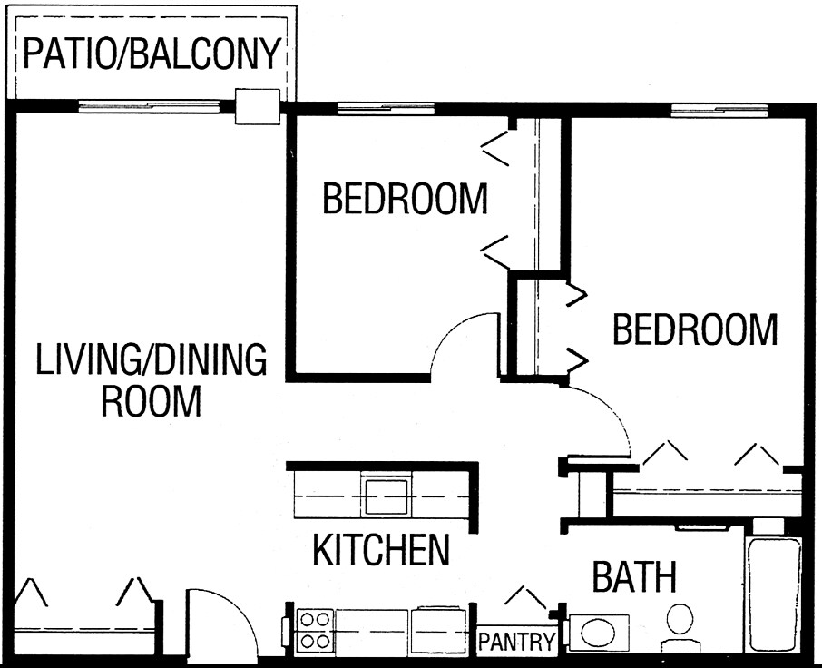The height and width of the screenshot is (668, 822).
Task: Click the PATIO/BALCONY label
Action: (x=151, y=54)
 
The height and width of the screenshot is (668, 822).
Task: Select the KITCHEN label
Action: (x=381, y=549)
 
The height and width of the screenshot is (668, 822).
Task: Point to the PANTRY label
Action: (x=516, y=643)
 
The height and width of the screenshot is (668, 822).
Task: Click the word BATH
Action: (x=634, y=576)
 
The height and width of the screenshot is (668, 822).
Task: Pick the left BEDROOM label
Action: (x=405, y=198)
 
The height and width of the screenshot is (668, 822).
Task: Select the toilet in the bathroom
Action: (x=678, y=625)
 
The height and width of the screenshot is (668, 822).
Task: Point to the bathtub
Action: (x=773, y=594)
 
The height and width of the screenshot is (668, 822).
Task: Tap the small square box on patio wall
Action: (x=257, y=106)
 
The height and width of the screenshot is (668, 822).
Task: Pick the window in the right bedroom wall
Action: (x=719, y=110)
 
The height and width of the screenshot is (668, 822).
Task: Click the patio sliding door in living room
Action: (x=149, y=106)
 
